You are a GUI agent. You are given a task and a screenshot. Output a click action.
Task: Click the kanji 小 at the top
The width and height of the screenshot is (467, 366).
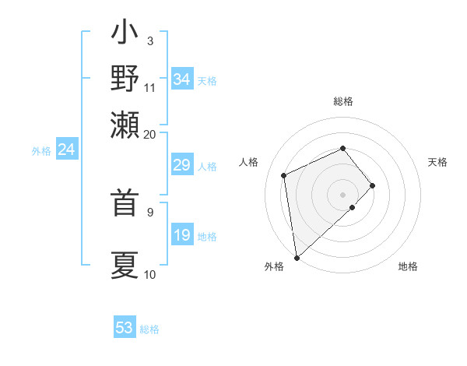[x=125, y=34]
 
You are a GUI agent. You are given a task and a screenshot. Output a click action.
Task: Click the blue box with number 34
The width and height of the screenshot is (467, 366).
[x=182, y=79]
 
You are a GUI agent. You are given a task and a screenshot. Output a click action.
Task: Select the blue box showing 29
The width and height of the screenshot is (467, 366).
[x=182, y=165]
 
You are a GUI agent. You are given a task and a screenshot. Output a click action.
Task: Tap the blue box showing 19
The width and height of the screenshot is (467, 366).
[x=182, y=235]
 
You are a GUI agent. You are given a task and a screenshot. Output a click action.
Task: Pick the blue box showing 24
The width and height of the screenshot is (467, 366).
[x=67, y=150]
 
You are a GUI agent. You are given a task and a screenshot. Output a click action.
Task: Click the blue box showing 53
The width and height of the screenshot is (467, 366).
[x=125, y=328]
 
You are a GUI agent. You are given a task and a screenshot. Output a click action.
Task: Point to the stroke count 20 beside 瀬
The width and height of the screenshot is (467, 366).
[x=149, y=134]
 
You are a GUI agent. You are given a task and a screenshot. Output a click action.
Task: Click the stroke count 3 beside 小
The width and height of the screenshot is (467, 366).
[x=149, y=40]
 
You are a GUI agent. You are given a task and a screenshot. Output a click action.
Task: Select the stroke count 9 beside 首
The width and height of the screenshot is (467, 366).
[x=149, y=211]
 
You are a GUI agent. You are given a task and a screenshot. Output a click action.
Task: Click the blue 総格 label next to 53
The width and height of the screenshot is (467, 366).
[x=149, y=329]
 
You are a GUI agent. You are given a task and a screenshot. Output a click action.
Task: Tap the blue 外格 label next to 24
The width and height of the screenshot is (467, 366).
[x=41, y=151]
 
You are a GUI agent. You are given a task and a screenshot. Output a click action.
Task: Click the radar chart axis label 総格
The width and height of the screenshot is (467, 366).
[x=343, y=101]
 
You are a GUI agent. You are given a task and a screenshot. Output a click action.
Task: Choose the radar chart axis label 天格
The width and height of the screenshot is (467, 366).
[x=437, y=162]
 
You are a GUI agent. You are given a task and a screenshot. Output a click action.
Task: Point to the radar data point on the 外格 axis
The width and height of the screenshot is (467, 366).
[x=297, y=258]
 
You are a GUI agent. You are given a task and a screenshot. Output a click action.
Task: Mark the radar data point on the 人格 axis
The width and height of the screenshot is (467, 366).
[x=284, y=175]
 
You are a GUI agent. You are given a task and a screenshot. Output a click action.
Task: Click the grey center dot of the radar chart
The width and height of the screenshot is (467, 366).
[x=343, y=194]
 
